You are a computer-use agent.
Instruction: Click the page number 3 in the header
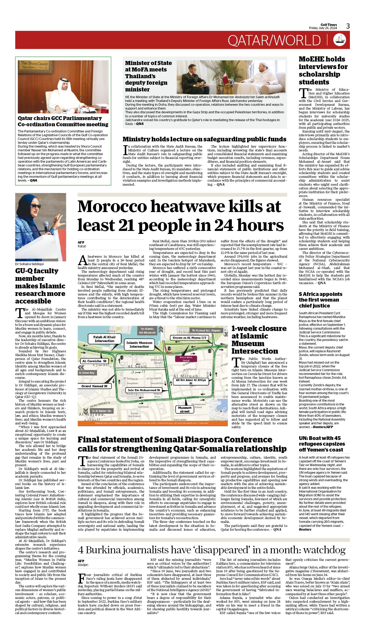click(348, 26)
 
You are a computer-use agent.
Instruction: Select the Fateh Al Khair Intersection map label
click(105, 339)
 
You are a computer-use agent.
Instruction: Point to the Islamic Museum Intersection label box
click(139, 344)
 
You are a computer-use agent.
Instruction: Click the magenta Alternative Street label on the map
click(186, 359)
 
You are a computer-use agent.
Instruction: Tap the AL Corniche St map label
click(94, 361)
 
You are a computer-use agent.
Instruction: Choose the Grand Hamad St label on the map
click(94, 386)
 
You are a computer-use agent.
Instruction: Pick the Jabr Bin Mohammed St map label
click(144, 390)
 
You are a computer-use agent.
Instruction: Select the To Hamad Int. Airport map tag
click(206, 330)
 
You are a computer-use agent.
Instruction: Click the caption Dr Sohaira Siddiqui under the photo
click(29, 264)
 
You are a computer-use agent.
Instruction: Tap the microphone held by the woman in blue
click(46, 226)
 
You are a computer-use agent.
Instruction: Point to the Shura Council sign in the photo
click(34, 65)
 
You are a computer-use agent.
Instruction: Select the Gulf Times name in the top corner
click(329, 25)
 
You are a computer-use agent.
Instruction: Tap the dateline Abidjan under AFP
click(83, 565)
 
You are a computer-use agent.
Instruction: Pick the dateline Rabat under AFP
click(82, 246)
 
